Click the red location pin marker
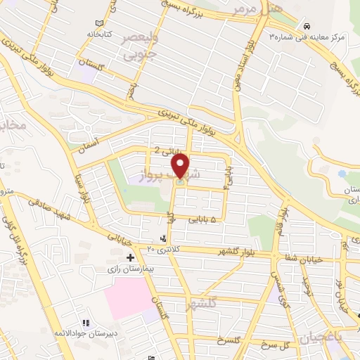pyautogui.click(x=181, y=167)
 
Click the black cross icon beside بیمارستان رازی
pyautogui.click(x=129, y=257)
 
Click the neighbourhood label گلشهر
pyautogui.click(x=202, y=304)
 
